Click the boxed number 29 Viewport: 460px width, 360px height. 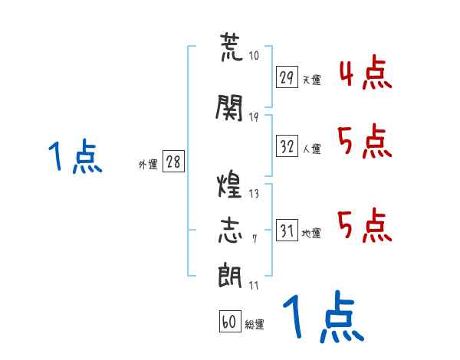287,77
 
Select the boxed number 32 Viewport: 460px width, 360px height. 287,147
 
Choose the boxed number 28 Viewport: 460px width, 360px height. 173,162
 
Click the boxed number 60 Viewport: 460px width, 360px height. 229,322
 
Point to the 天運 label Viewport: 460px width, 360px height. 311,80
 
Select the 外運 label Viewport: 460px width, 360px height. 148,165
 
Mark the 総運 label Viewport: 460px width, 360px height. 255,325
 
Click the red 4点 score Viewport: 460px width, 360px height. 364,74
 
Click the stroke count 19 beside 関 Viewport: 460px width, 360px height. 254,116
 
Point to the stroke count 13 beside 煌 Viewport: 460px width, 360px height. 254,194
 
